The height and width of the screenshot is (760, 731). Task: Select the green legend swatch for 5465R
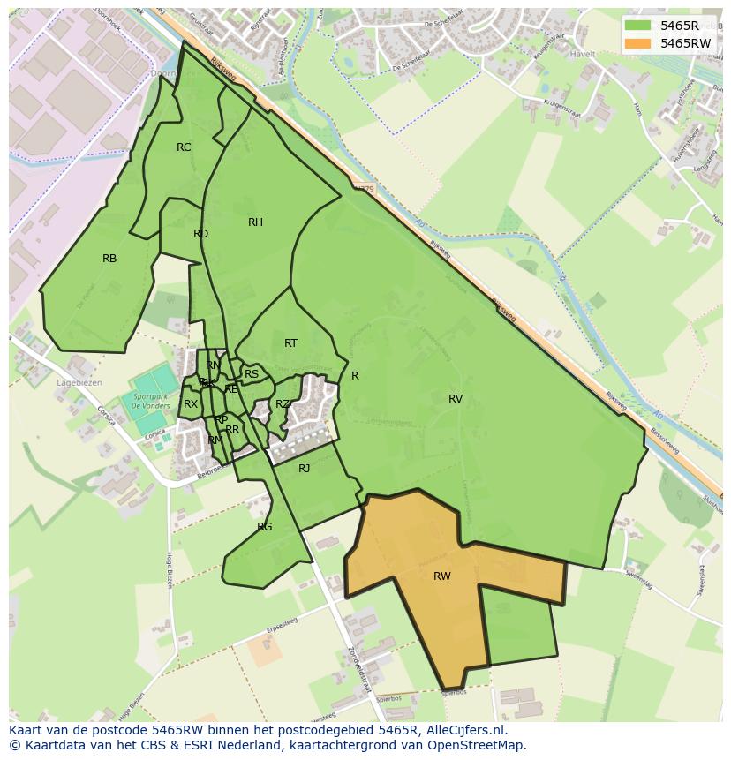pos(637,26)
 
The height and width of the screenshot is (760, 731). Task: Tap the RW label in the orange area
pos(442,576)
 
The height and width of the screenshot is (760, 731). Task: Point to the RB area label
pos(109,259)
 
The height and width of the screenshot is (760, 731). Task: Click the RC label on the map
pos(184,147)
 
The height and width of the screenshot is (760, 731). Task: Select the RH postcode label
pos(255,222)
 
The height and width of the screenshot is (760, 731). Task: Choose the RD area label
pos(200,234)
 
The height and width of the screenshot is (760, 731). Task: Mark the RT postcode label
pos(290,343)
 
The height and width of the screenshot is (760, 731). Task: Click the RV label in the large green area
pos(456,399)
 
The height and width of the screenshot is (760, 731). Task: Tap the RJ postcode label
pos(304,469)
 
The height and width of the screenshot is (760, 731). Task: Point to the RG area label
pos(265,527)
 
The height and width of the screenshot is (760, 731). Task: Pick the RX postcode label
pos(191,404)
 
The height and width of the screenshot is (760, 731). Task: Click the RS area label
pos(252,374)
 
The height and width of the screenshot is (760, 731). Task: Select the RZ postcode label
pos(282,404)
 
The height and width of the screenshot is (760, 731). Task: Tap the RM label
pos(215,440)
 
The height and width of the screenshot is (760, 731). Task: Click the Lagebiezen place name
pos(79,383)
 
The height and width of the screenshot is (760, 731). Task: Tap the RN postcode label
pos(213,365)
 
